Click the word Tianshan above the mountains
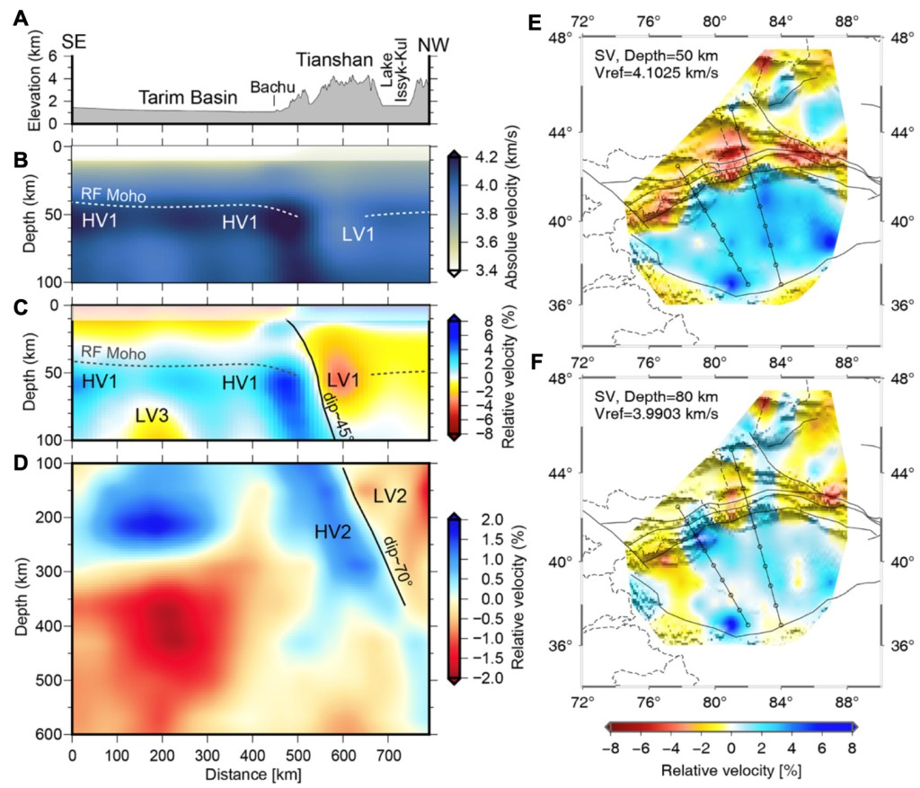pos(335,60)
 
